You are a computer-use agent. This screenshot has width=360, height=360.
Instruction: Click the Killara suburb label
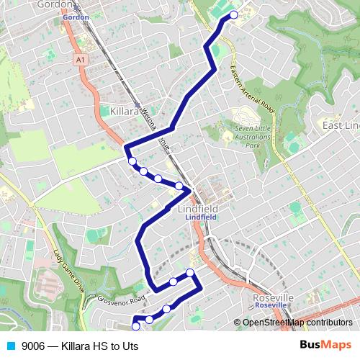tap(127, 112)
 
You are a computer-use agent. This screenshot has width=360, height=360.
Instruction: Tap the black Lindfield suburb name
tap(197, 208)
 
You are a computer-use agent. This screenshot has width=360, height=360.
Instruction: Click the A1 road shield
tap(79, 60)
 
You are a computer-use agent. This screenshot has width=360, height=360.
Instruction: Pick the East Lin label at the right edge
tap(341, 126)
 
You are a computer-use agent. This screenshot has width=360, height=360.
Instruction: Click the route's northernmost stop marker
tap(233, 14)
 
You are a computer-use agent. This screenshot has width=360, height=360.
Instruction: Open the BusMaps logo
tap(325, 345)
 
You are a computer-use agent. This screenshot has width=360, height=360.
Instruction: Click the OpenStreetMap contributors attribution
tap(297, 323)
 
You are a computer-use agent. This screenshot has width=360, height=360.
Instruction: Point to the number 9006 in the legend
tap(33, 346)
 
